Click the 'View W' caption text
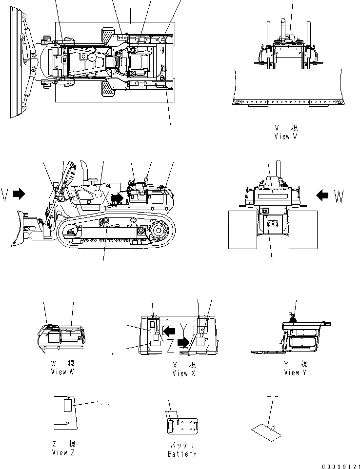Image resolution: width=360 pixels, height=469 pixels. pos(62,371)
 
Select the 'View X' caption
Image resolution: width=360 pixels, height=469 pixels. pos(184,373)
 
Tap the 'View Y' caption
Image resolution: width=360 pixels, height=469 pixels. pos(296,372)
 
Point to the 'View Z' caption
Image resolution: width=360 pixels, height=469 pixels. pos(63,452)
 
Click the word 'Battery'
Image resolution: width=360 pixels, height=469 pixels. pos(182,454)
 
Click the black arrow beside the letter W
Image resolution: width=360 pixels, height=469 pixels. pos(322,195)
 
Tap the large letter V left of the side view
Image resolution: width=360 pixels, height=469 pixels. pos(5,195)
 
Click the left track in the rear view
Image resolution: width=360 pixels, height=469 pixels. pos(242,229)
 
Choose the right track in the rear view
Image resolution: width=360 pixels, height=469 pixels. pos(303,229)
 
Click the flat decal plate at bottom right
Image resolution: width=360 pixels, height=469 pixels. pos(268,429)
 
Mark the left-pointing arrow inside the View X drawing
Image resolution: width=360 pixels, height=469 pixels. pos(169,331)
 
